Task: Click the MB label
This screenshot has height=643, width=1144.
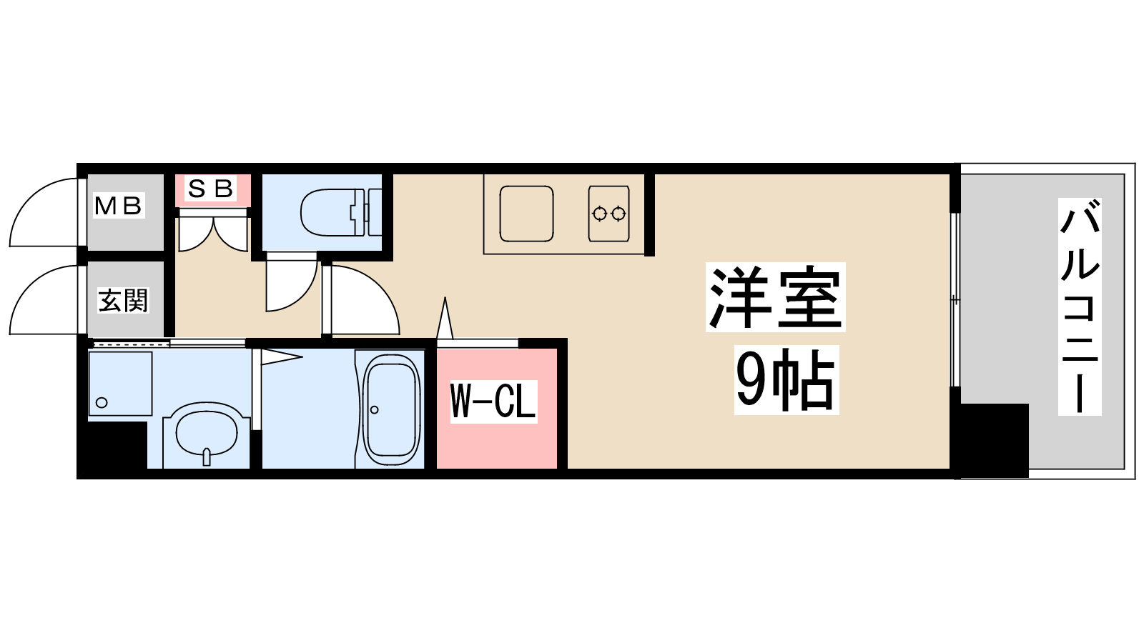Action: [119, 206]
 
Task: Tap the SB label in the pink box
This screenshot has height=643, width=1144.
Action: [212, 189]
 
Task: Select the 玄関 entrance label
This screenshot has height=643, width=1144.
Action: [123, 301]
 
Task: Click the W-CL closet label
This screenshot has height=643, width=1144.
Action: [493, 401]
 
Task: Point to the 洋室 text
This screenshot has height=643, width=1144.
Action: [775, 297]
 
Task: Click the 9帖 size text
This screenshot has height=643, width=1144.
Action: [786, 379]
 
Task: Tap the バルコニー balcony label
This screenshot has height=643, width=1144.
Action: [1080, 306]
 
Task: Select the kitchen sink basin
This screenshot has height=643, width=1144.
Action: [526, 214]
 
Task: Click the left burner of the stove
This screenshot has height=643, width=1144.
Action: [600, 214]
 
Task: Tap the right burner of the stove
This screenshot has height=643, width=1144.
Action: [618, 214]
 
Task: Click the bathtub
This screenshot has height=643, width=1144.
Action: [390, 409]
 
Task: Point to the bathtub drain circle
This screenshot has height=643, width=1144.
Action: [375, 410]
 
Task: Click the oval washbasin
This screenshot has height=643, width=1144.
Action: [207, 432]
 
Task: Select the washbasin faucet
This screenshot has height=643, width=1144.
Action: [207, 457]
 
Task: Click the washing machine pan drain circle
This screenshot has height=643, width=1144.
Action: [102, 403]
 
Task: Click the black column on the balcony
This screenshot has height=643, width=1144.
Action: [994, 441]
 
